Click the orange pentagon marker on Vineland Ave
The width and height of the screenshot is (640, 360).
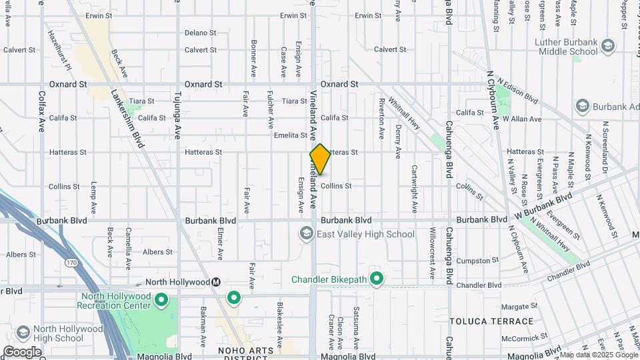(320, 160)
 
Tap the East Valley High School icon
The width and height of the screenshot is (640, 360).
(306, 233)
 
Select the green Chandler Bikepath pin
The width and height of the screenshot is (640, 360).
(377, 279)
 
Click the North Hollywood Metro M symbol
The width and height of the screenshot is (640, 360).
(216, 282)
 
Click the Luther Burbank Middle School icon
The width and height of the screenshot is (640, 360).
(607, 46)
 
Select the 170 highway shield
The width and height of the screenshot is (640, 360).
(71, 263)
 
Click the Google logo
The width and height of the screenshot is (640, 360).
(22, 351)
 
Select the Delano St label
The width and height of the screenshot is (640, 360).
(200, 32)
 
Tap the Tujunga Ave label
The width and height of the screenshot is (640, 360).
(177, 117)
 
